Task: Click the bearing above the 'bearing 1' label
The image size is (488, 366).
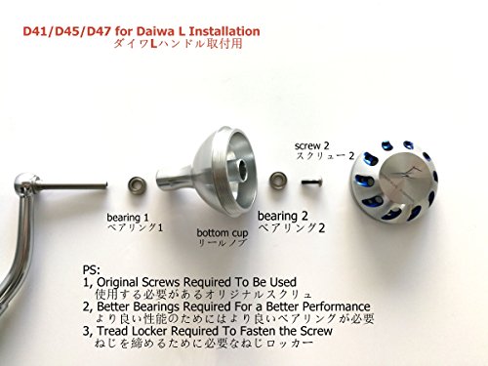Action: pos(136,184)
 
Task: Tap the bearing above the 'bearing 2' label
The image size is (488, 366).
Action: pos(278,180)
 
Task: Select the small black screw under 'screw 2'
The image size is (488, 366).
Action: pos(311,181)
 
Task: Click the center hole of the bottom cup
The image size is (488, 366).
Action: pos(243,168)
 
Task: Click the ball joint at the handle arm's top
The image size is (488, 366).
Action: pos(24,182)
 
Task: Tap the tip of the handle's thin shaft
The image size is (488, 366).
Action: pos(105,185)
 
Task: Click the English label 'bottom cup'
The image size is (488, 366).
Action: pos(223,233)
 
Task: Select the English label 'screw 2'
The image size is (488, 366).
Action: pos(312,146)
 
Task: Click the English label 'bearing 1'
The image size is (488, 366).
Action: pos(128,218)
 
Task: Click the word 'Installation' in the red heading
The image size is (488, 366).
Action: pos(224,31)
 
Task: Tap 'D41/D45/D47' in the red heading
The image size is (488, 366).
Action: pos(67,31)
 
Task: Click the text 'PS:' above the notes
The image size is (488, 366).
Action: pos(92,270)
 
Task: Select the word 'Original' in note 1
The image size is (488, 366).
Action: pos(118,282)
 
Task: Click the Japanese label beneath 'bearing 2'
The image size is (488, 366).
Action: pos(292,228)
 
